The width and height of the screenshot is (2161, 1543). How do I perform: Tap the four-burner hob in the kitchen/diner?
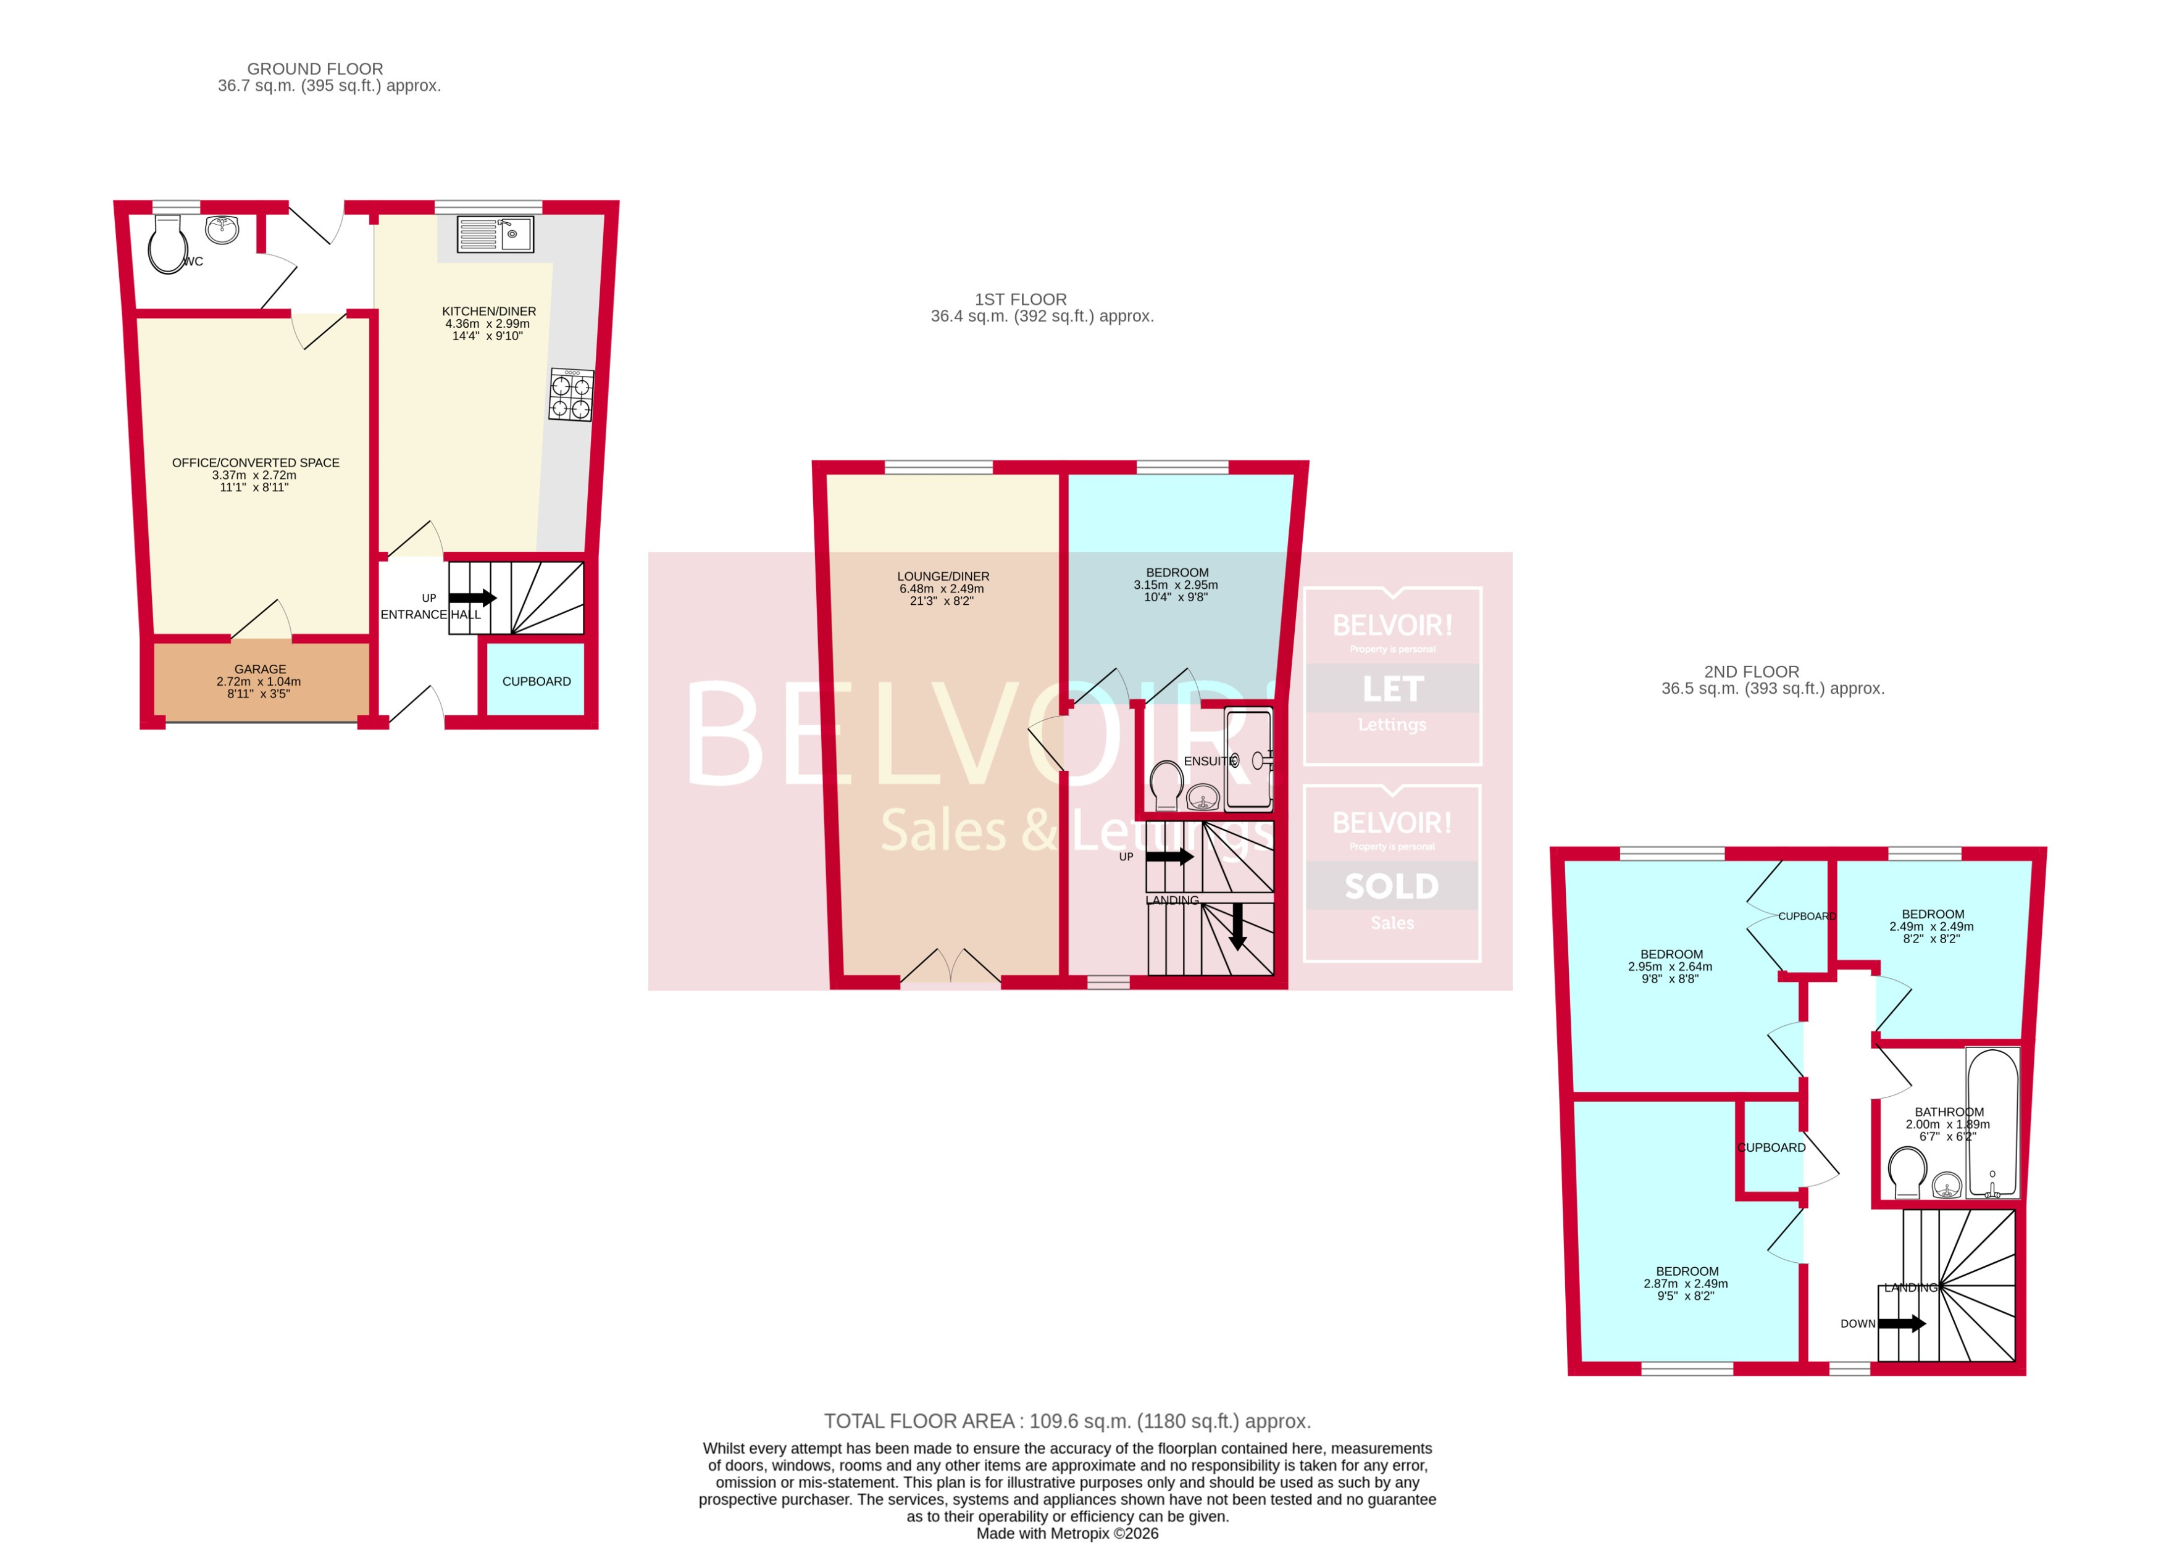coord(571,395)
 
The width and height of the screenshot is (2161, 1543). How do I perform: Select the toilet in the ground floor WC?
coord(166,244)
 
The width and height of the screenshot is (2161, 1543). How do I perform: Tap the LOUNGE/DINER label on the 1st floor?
coord(943,576)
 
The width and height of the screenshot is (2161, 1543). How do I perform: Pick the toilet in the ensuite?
coord(1166,785)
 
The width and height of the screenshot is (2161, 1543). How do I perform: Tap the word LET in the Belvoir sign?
coord(1392,689)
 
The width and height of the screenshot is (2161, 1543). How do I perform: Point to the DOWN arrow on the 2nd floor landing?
coord(1900,1323)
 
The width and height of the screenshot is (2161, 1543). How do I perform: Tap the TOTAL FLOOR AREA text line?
coord(1066,1421)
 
